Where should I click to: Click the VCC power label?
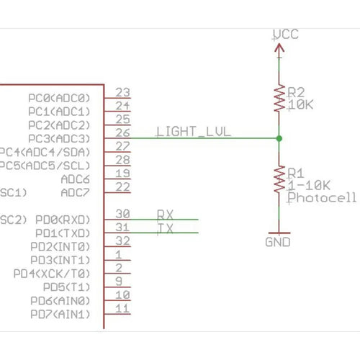pos(286,34)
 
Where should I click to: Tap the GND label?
pos(278,242)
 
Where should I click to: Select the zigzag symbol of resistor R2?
pos(279,98)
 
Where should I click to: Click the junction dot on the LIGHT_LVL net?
pos(279,138)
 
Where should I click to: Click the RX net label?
pos(165,214)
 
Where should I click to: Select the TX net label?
pos(165,228)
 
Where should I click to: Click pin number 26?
pos(122,132)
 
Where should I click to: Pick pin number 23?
pos(122,92)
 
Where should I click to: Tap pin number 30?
pos(122,214)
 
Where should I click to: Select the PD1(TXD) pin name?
pos(63,233)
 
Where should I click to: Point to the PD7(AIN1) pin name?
pos(60,315)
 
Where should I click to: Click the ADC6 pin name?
pos(76,179)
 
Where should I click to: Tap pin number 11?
pos(122,309)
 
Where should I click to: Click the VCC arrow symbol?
pos(279,48)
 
